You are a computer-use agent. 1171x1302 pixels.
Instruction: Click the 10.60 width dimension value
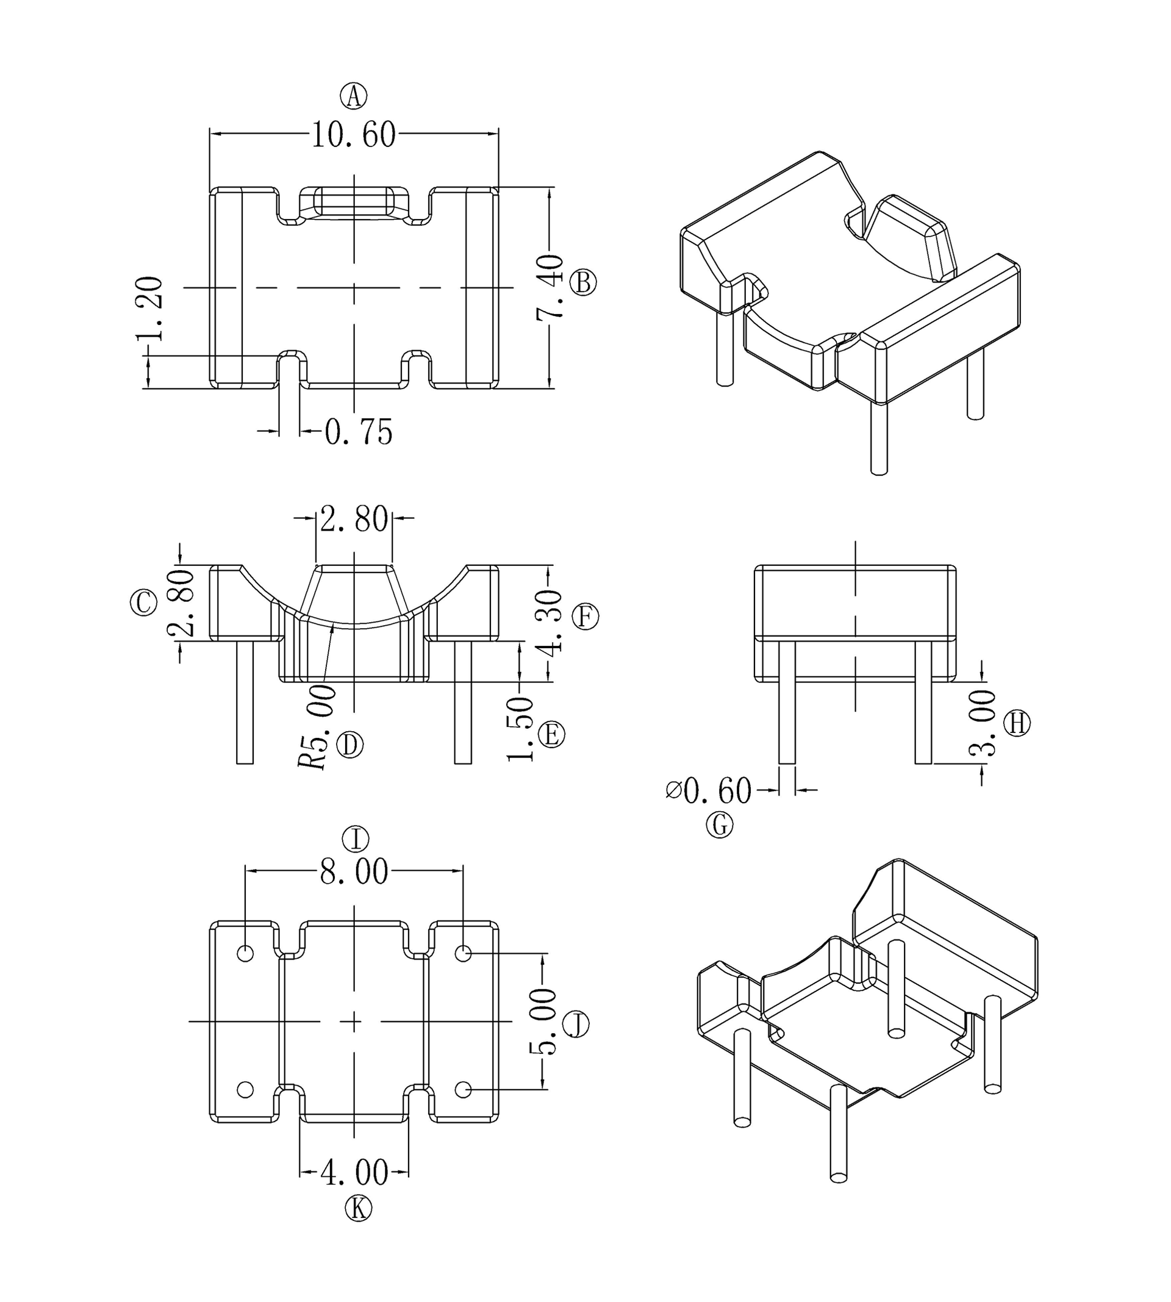tap(353, 135)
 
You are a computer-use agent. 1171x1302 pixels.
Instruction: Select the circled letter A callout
tap(353, 96)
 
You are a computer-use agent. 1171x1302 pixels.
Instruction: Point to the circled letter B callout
tap(584, 283)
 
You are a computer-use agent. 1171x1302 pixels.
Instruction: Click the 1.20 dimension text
tap(149, 309)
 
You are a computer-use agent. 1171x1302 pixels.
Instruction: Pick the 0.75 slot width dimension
tap(359, 432)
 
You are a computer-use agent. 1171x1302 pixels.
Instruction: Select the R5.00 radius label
tap(317, 727)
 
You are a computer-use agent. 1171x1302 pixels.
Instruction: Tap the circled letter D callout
tap(350, 745)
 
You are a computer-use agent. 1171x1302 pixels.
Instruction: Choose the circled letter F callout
tap(585, 617)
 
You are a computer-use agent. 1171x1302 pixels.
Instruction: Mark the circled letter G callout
tap(719, 824)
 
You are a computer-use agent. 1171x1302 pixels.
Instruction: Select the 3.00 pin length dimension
tap(983, 723)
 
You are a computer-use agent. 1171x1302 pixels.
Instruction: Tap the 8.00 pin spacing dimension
tap(354, 872)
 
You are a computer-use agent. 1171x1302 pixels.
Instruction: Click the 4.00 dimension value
tap(354, 1173)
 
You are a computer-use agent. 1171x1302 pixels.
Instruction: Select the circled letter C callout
tap(143, 603)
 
